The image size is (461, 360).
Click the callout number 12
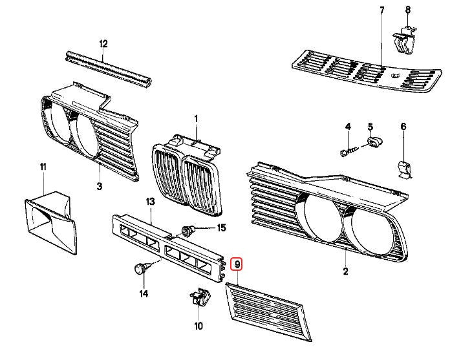(x=103, y=44)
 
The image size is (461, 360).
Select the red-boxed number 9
(x=238, y=264)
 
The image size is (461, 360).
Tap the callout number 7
(x=381, y=10)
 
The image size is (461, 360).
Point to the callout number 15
(x=221, y=228)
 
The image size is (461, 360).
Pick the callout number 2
(x=345, y=271)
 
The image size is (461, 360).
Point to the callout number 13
(x=150, y=202)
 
